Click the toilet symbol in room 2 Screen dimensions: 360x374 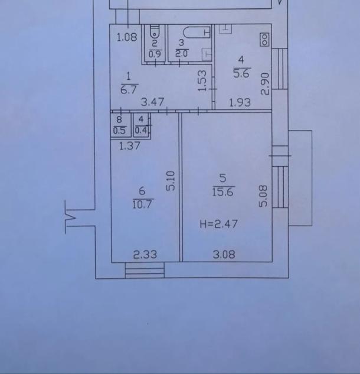pyautogui.click(x=155, y=31)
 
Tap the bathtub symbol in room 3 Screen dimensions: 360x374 pyautogui.click(x=197, y=32)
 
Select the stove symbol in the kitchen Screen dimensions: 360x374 pyautogui.click(x=264, y=40)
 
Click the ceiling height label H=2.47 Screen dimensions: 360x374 pyautogui.click(x=219, y=224)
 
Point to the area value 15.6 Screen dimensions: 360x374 pyautogui.click(x=223, y=192)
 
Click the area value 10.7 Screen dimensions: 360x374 pyautogui.click(x=143, y=204)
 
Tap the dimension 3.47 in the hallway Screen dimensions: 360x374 pyautogui.click(x=152, y=102)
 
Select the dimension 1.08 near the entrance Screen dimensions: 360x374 pyautogui.click(x=127, y=37)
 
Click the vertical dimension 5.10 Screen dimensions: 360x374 pyautogui.click(x=171, y=181)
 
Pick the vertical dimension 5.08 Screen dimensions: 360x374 pyautogui.click(x=263, y=196)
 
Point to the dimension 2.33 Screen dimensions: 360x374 pyautogui.click(x=145, y=255)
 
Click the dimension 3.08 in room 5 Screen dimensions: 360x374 pyautogui.click(x=224, y=254)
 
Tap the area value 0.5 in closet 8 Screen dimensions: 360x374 pyautogui.click(x=119, y=131)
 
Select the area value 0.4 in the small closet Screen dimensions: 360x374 pyautogui.click(x=141, y=131)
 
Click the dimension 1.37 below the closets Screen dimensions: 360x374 pyautogui.click(x=129, y=146)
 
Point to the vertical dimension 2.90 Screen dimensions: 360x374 pyautogui.click(x=265, y=84)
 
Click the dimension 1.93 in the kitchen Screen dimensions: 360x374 pyautogui.click(x=240, y=103)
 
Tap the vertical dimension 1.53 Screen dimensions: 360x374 pyautogui.click(x=202, y=80)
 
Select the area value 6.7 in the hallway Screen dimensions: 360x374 pyautogui.click(x=129, y=90)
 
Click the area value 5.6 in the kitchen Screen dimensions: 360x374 pyautogui.click(x=241, y=73)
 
